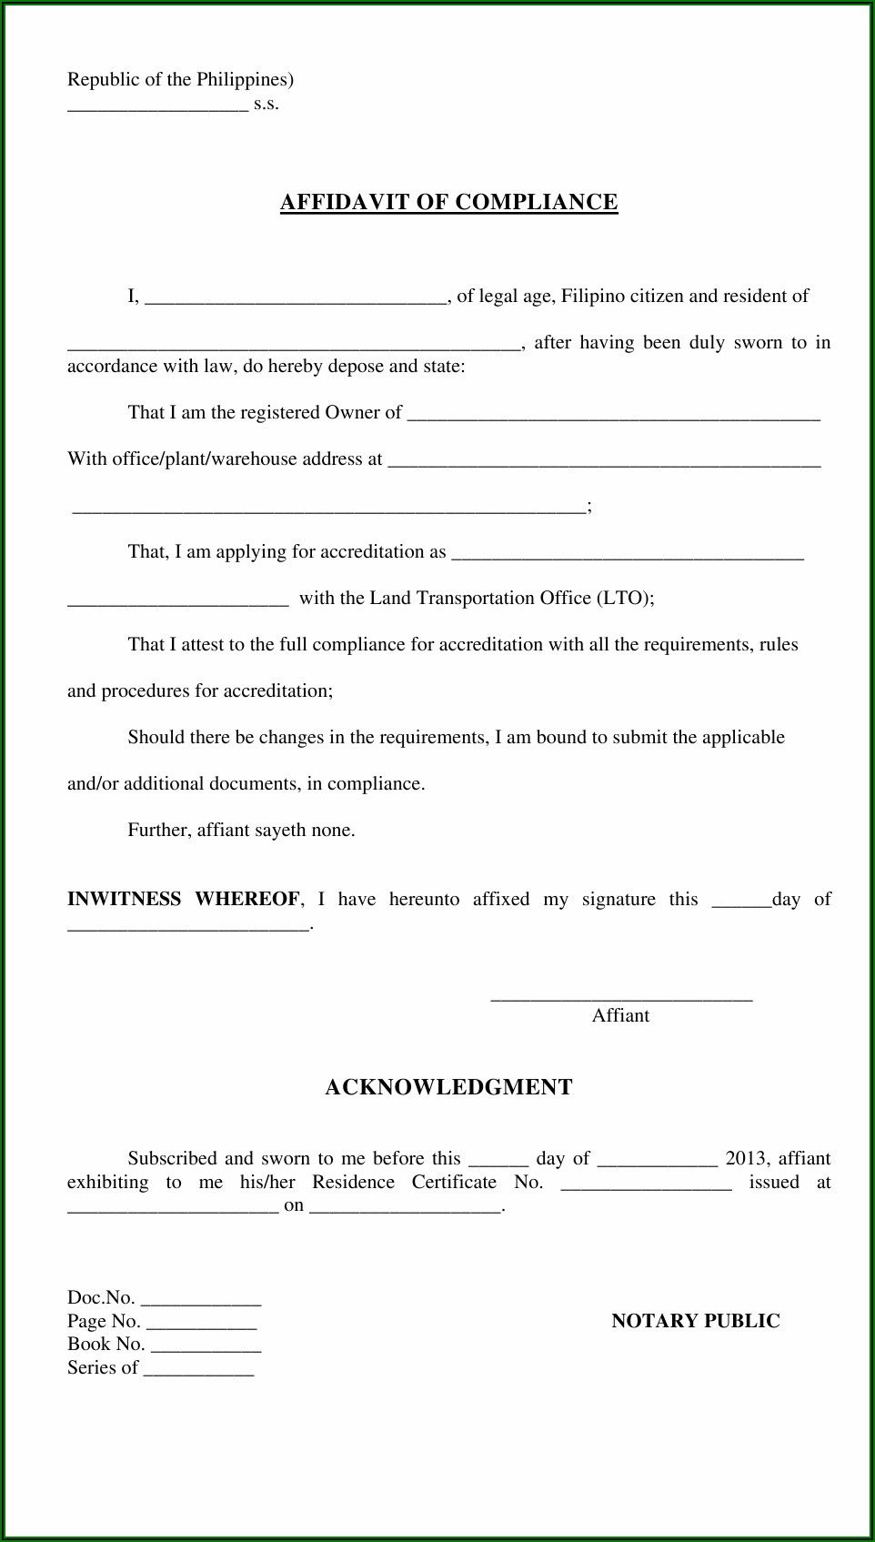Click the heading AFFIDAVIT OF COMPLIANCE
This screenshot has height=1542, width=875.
coord(448,202)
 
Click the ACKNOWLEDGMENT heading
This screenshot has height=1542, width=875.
coord(448,1087)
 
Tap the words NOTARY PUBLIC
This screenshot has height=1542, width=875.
coord(695,1321)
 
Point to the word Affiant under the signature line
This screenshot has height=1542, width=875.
coord(620,1016)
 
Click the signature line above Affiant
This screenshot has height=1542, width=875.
coord(621,999)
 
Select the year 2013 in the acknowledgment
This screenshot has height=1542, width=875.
coord(746,1159)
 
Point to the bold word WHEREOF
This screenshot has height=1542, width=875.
coord(246,900)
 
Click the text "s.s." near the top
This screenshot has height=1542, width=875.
coord(267,104)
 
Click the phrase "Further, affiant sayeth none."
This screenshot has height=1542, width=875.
coord(241,831)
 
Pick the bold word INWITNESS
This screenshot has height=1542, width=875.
coord(124,900)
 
